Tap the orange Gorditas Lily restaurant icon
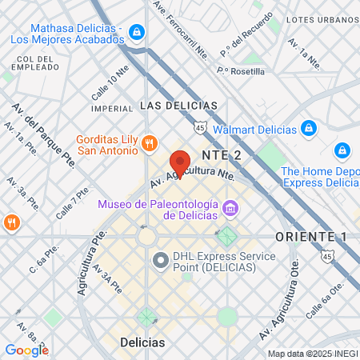149,144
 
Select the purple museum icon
231,208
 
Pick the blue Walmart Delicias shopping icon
308,128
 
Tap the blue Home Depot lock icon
342,150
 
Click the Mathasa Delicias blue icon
137,31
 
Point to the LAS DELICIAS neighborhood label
178,106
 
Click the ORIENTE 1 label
311,237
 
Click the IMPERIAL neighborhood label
112,107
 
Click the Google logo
26,350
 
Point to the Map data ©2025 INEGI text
312,354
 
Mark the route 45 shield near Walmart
200,126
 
